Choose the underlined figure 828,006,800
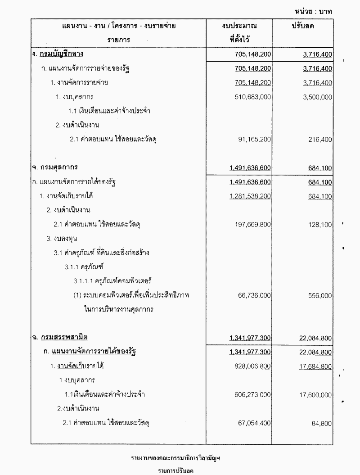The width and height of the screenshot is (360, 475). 253,366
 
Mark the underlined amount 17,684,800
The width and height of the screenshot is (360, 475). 315,366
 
